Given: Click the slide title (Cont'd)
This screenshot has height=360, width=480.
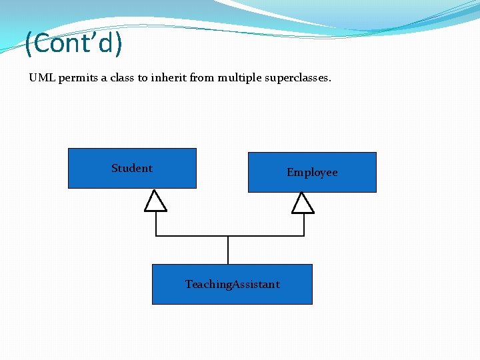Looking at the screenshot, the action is click(x=73, y=43).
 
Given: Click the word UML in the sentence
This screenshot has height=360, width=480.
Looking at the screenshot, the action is click(x=43, y=78).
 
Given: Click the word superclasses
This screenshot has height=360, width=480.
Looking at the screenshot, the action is click(x=299, y=78).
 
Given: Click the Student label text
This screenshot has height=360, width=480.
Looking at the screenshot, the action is click(x=132, y=168).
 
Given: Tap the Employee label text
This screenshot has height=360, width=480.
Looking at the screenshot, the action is click(x=312, y=172).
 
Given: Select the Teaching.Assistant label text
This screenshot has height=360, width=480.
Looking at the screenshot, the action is click(x=232, y=284).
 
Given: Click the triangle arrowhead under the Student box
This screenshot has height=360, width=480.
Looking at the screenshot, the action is click(x=156, y=201).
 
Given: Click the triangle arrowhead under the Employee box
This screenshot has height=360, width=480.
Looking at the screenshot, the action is click(x=303, y=203).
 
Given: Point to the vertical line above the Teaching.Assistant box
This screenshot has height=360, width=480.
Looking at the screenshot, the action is click(x=228, y=251).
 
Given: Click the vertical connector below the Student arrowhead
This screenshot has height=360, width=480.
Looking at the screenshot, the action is click(x=156, y=224).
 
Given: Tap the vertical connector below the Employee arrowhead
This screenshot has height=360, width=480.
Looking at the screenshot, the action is click(x=304, y=225).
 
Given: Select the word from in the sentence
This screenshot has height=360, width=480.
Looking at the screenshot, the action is click(x=202, y=78).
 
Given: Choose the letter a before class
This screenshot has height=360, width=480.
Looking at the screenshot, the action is click(x=104, y=78).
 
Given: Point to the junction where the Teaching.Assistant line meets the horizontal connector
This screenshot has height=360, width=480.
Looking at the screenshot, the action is click(x=228, y=236).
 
